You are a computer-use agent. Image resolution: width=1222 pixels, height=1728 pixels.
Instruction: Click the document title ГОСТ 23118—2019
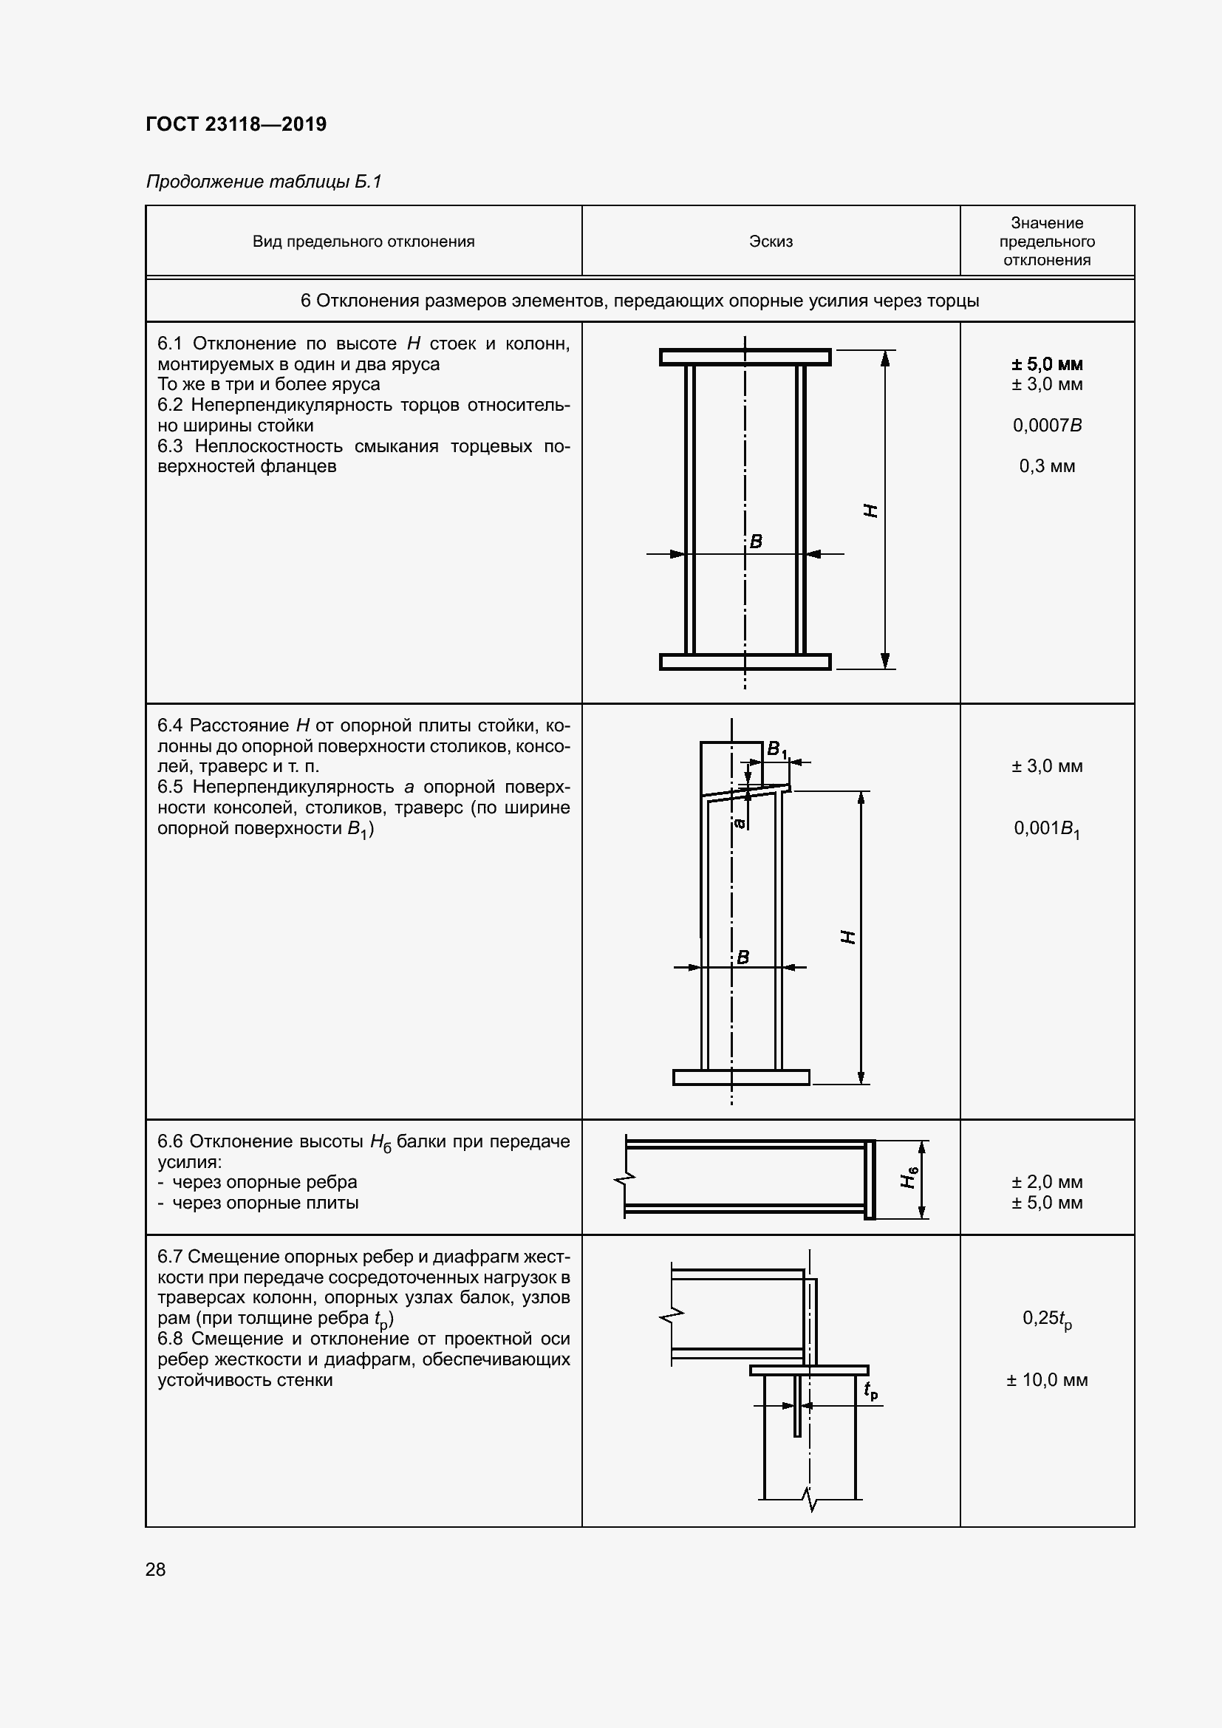pos(236,124)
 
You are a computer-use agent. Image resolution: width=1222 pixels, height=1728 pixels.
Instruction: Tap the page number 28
pos(156,1569)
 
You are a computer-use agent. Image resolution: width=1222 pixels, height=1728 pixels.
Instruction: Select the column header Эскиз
pos(771,242)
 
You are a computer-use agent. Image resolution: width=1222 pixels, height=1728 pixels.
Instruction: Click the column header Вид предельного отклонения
pos(363,242)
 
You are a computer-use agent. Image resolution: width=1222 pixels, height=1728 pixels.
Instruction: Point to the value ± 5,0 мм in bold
pos(1047,364)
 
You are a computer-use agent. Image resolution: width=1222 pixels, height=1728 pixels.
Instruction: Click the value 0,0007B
pos(1047,426)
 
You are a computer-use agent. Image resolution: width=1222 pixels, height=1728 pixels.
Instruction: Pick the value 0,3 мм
pos(1047,466)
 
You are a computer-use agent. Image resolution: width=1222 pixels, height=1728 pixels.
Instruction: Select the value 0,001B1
pos(1047,829)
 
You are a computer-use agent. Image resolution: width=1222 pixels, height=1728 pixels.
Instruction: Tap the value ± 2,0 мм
pos(1047,1181)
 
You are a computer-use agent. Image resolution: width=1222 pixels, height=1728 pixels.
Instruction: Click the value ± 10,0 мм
pos(1047,1379)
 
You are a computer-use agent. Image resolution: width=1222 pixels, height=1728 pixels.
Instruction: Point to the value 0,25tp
pos(1047,1319)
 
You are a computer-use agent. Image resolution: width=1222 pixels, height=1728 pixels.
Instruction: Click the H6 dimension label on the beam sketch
pos(909,1176)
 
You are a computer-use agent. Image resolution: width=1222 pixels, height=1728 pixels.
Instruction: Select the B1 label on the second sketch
pos(776,750)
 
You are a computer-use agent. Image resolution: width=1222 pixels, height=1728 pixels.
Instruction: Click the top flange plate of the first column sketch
pos(745,357)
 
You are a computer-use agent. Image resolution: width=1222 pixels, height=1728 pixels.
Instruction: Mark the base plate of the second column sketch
pos(740,1077)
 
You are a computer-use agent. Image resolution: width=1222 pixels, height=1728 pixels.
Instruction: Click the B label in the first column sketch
pos(757,540)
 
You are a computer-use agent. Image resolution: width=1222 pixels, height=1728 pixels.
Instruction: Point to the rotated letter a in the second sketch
pos(740,823)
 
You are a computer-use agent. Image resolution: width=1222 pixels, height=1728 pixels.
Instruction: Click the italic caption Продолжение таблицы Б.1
pos(263,182)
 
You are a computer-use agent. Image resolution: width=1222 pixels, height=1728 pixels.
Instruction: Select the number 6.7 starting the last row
pos(169,1257)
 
